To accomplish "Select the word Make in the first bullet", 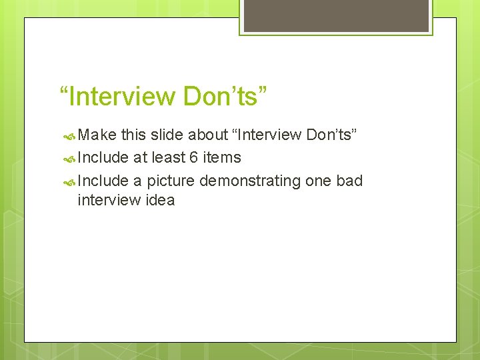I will tap(97, 135).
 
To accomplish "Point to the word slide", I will tap(167, 135).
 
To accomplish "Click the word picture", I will tap(171, 180).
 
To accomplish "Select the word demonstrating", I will tap(250, 180).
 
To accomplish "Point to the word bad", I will tap(349, 180).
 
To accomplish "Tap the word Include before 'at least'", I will tap(103, 157).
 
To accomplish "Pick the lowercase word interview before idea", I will tap(109, 200).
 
